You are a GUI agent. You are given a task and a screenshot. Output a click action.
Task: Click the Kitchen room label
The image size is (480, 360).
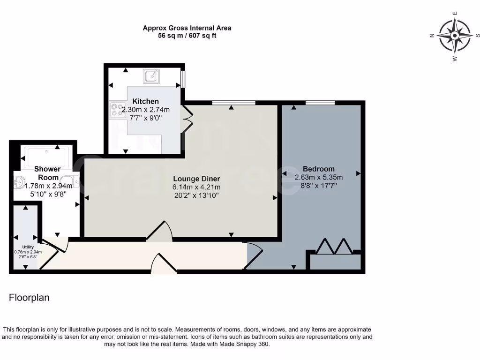tap(145, 101)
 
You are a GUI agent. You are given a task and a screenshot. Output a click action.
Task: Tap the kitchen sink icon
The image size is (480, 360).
tap(151, 76)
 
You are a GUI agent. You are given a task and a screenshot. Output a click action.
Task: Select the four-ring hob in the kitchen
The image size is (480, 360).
tap(116, 110)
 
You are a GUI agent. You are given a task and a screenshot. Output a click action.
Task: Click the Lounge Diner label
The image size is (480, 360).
tap(196, 179)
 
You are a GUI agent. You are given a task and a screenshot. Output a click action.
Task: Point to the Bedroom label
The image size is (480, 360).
tap(318, 169)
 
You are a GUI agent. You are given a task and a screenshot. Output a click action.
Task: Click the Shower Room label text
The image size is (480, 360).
tap(47, 173)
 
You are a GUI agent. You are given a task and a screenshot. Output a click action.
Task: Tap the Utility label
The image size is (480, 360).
tap(28, 247)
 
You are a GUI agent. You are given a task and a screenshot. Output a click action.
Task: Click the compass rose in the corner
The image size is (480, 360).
tap(454, 36)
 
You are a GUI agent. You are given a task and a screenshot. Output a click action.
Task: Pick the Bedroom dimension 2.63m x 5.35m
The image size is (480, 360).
tap(318, 177)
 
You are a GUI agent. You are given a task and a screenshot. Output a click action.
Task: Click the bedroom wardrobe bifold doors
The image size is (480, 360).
tap(334, 247)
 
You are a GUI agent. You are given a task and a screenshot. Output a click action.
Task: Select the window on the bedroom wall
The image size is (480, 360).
tap(320, 103)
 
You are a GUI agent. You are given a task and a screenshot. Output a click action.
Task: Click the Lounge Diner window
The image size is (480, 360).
tap(233, 103)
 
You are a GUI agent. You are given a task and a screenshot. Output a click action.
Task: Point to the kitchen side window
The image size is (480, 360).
tap(183, 79)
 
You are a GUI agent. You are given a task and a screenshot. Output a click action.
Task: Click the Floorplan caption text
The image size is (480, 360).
tap(29, 298)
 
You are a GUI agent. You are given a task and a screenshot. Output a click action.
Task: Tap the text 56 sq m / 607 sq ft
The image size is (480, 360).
tap(187, 36)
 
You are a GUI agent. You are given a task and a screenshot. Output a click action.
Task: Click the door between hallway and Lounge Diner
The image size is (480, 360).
tap(160, 232)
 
